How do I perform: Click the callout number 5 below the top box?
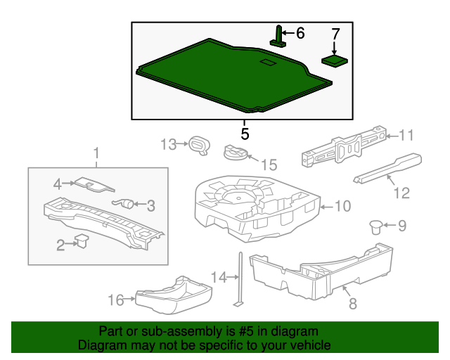244,133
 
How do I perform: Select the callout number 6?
300,33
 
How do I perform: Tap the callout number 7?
335,34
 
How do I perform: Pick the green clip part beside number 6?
279,37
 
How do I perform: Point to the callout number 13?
167,145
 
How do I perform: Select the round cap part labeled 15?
235,152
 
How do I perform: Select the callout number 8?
353,304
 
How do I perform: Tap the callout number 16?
115,300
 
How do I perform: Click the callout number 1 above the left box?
97,153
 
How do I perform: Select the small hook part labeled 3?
127,204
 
